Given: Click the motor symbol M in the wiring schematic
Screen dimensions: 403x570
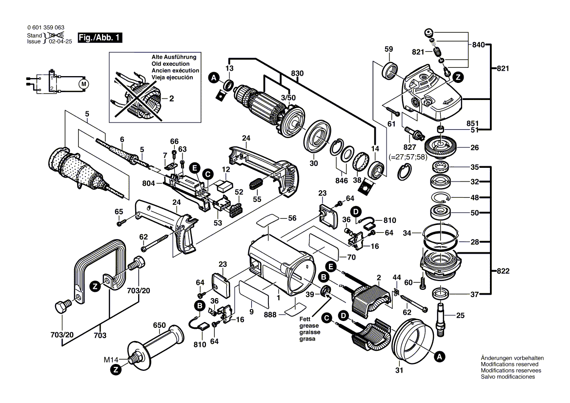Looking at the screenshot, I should coord(84,84).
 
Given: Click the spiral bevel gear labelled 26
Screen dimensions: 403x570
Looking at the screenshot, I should coord(440,145).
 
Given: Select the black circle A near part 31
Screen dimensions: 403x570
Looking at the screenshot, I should coord(439,357).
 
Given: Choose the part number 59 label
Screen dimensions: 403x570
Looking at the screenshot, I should coord(388,49).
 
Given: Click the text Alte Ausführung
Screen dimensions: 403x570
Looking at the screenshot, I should coord(174,57).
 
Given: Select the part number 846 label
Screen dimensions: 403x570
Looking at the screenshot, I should coord(342,181).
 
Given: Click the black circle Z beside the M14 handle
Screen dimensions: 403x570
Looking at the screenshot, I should coord(116,370).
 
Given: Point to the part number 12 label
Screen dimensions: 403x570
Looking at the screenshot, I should coord(225,169).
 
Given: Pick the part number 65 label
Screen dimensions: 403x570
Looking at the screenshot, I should coord(119,211).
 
